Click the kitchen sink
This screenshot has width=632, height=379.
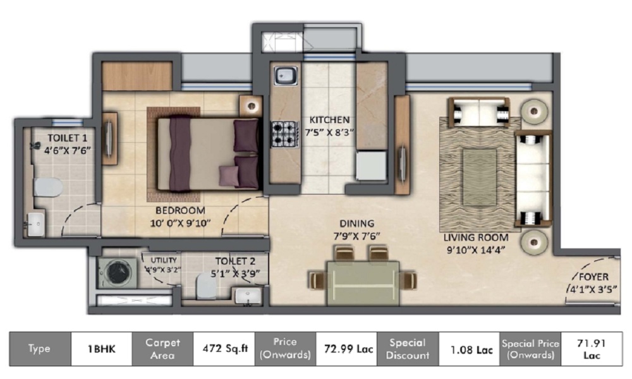tap(286, 75)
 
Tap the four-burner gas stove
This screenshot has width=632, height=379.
tap(284, 134)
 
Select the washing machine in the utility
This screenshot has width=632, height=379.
tap(118, 274)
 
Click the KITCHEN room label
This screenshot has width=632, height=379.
tap(329, 119)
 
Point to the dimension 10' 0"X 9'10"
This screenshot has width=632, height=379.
tap(180, 223)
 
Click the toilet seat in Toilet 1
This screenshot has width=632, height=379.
tap(48, 187)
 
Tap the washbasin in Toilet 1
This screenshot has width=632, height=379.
tap(35, 224)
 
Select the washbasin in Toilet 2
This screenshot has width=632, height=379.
tap(248, 296)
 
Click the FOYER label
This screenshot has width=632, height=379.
tap(593, 277)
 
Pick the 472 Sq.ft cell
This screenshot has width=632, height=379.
tap(224, 349)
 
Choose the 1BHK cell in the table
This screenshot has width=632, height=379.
tap(102, 349)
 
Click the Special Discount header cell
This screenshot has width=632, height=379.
tap(408, 349)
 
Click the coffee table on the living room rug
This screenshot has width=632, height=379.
tap(479, 177)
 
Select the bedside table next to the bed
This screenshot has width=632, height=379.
tap(251, 106)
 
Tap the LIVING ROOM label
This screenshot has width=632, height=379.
tap(476, 238)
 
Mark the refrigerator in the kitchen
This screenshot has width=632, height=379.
tap(371, 165)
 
